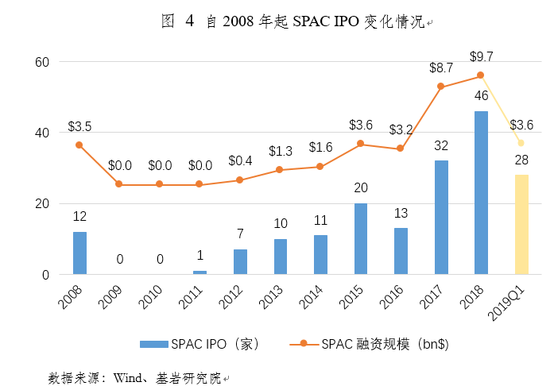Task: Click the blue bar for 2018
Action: coord(481,193)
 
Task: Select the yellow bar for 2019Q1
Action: coord(521,225)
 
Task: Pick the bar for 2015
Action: coord(360,239)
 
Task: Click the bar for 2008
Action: coord(79,253)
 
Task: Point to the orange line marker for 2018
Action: coord(481,75)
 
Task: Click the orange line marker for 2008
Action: coord(79,145)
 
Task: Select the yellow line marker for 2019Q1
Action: coord(521,143)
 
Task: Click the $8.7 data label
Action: coord(442,68)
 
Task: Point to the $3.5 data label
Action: coord(79,125)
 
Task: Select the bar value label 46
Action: coord(481,96)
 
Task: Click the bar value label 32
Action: coord(440,146)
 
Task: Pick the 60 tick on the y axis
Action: coord(42,62)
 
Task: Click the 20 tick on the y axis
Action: coord(42,204)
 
